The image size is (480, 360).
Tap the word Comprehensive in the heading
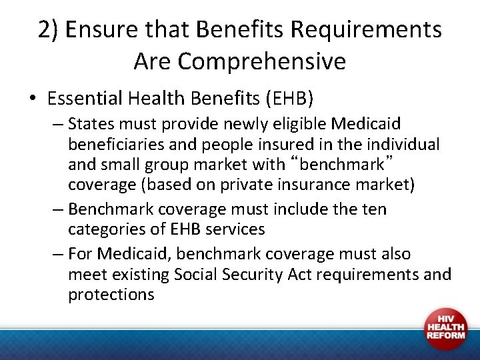tap(262, 61)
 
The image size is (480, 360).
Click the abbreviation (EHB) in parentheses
tap(289, 99)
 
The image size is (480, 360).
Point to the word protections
tap(111, 294)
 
